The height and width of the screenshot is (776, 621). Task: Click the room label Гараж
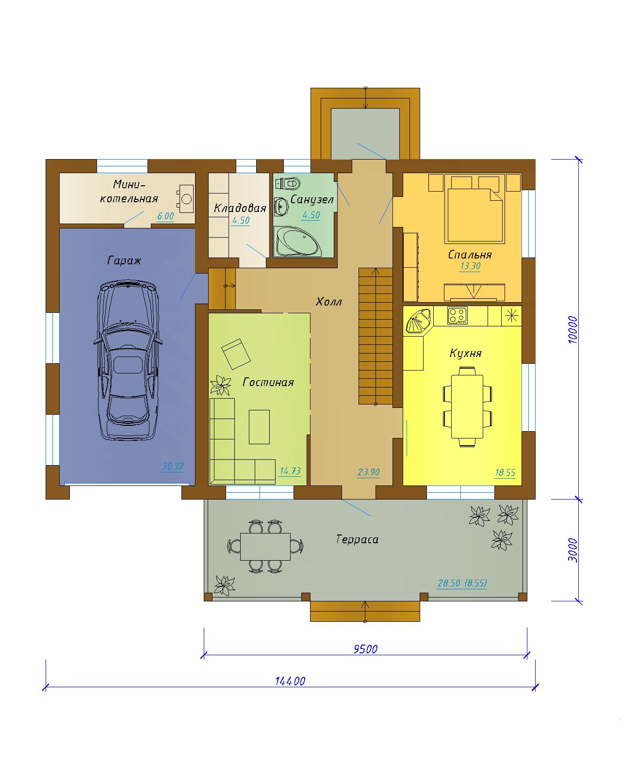[x=124, y=260]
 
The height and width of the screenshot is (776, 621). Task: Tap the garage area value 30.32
[x=173, y=466]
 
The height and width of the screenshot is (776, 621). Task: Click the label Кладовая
[x=240, y=208]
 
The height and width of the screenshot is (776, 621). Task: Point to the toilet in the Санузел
[x=288, y=183]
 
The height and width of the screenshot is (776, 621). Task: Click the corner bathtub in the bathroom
[x=298, y=241]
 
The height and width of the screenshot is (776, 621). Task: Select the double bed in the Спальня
[x=474, y=209]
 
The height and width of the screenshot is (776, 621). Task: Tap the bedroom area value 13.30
[x=470, y=266]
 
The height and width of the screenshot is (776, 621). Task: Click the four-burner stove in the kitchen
[x=457, y=316]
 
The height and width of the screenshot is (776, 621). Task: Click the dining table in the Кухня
[x=467, y=406]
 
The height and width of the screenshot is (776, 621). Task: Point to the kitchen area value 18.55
[x=505, y=472]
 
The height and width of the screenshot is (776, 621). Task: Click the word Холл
[x=328, y=302]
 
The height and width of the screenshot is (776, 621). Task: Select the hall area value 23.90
[x=368, y=471]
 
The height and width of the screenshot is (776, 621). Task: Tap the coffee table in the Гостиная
[x=259, y=427]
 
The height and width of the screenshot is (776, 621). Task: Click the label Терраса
[x=357, y=539]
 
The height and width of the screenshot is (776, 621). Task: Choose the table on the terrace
[x=265, y=547]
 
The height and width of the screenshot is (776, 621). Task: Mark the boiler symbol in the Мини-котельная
[x=186, y=198]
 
